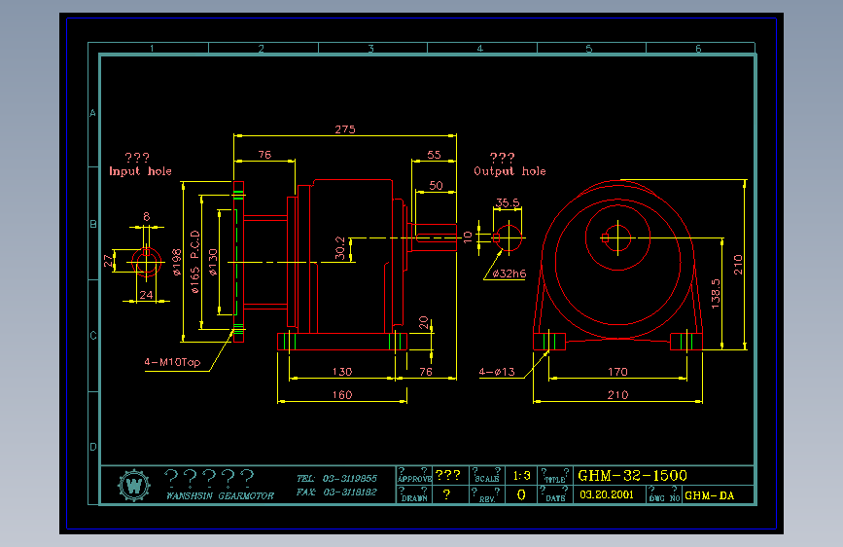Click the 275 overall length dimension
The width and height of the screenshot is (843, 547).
coord(344,129)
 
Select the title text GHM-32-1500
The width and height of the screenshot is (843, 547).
coord(632,476)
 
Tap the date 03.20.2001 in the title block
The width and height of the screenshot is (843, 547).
coord(606,494)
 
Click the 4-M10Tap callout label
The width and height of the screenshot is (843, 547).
coord(172,363)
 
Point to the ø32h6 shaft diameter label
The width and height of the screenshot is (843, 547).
coord(509,274)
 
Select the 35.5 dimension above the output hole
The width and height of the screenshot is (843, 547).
coord(508,203)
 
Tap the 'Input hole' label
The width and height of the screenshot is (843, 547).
coord(140,171)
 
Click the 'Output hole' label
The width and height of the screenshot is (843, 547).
coord(509,171)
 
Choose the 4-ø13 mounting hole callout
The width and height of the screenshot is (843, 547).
coord(497,372)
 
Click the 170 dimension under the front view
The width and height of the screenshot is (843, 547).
coord(616,372)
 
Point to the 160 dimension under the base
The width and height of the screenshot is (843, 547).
coord(342,395)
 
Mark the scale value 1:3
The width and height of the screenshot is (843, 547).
coord(521,476)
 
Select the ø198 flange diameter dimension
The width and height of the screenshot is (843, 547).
coord(177,261)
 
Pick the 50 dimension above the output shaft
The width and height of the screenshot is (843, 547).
coord(436,185)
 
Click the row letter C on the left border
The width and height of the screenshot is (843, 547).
coord(93,336)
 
